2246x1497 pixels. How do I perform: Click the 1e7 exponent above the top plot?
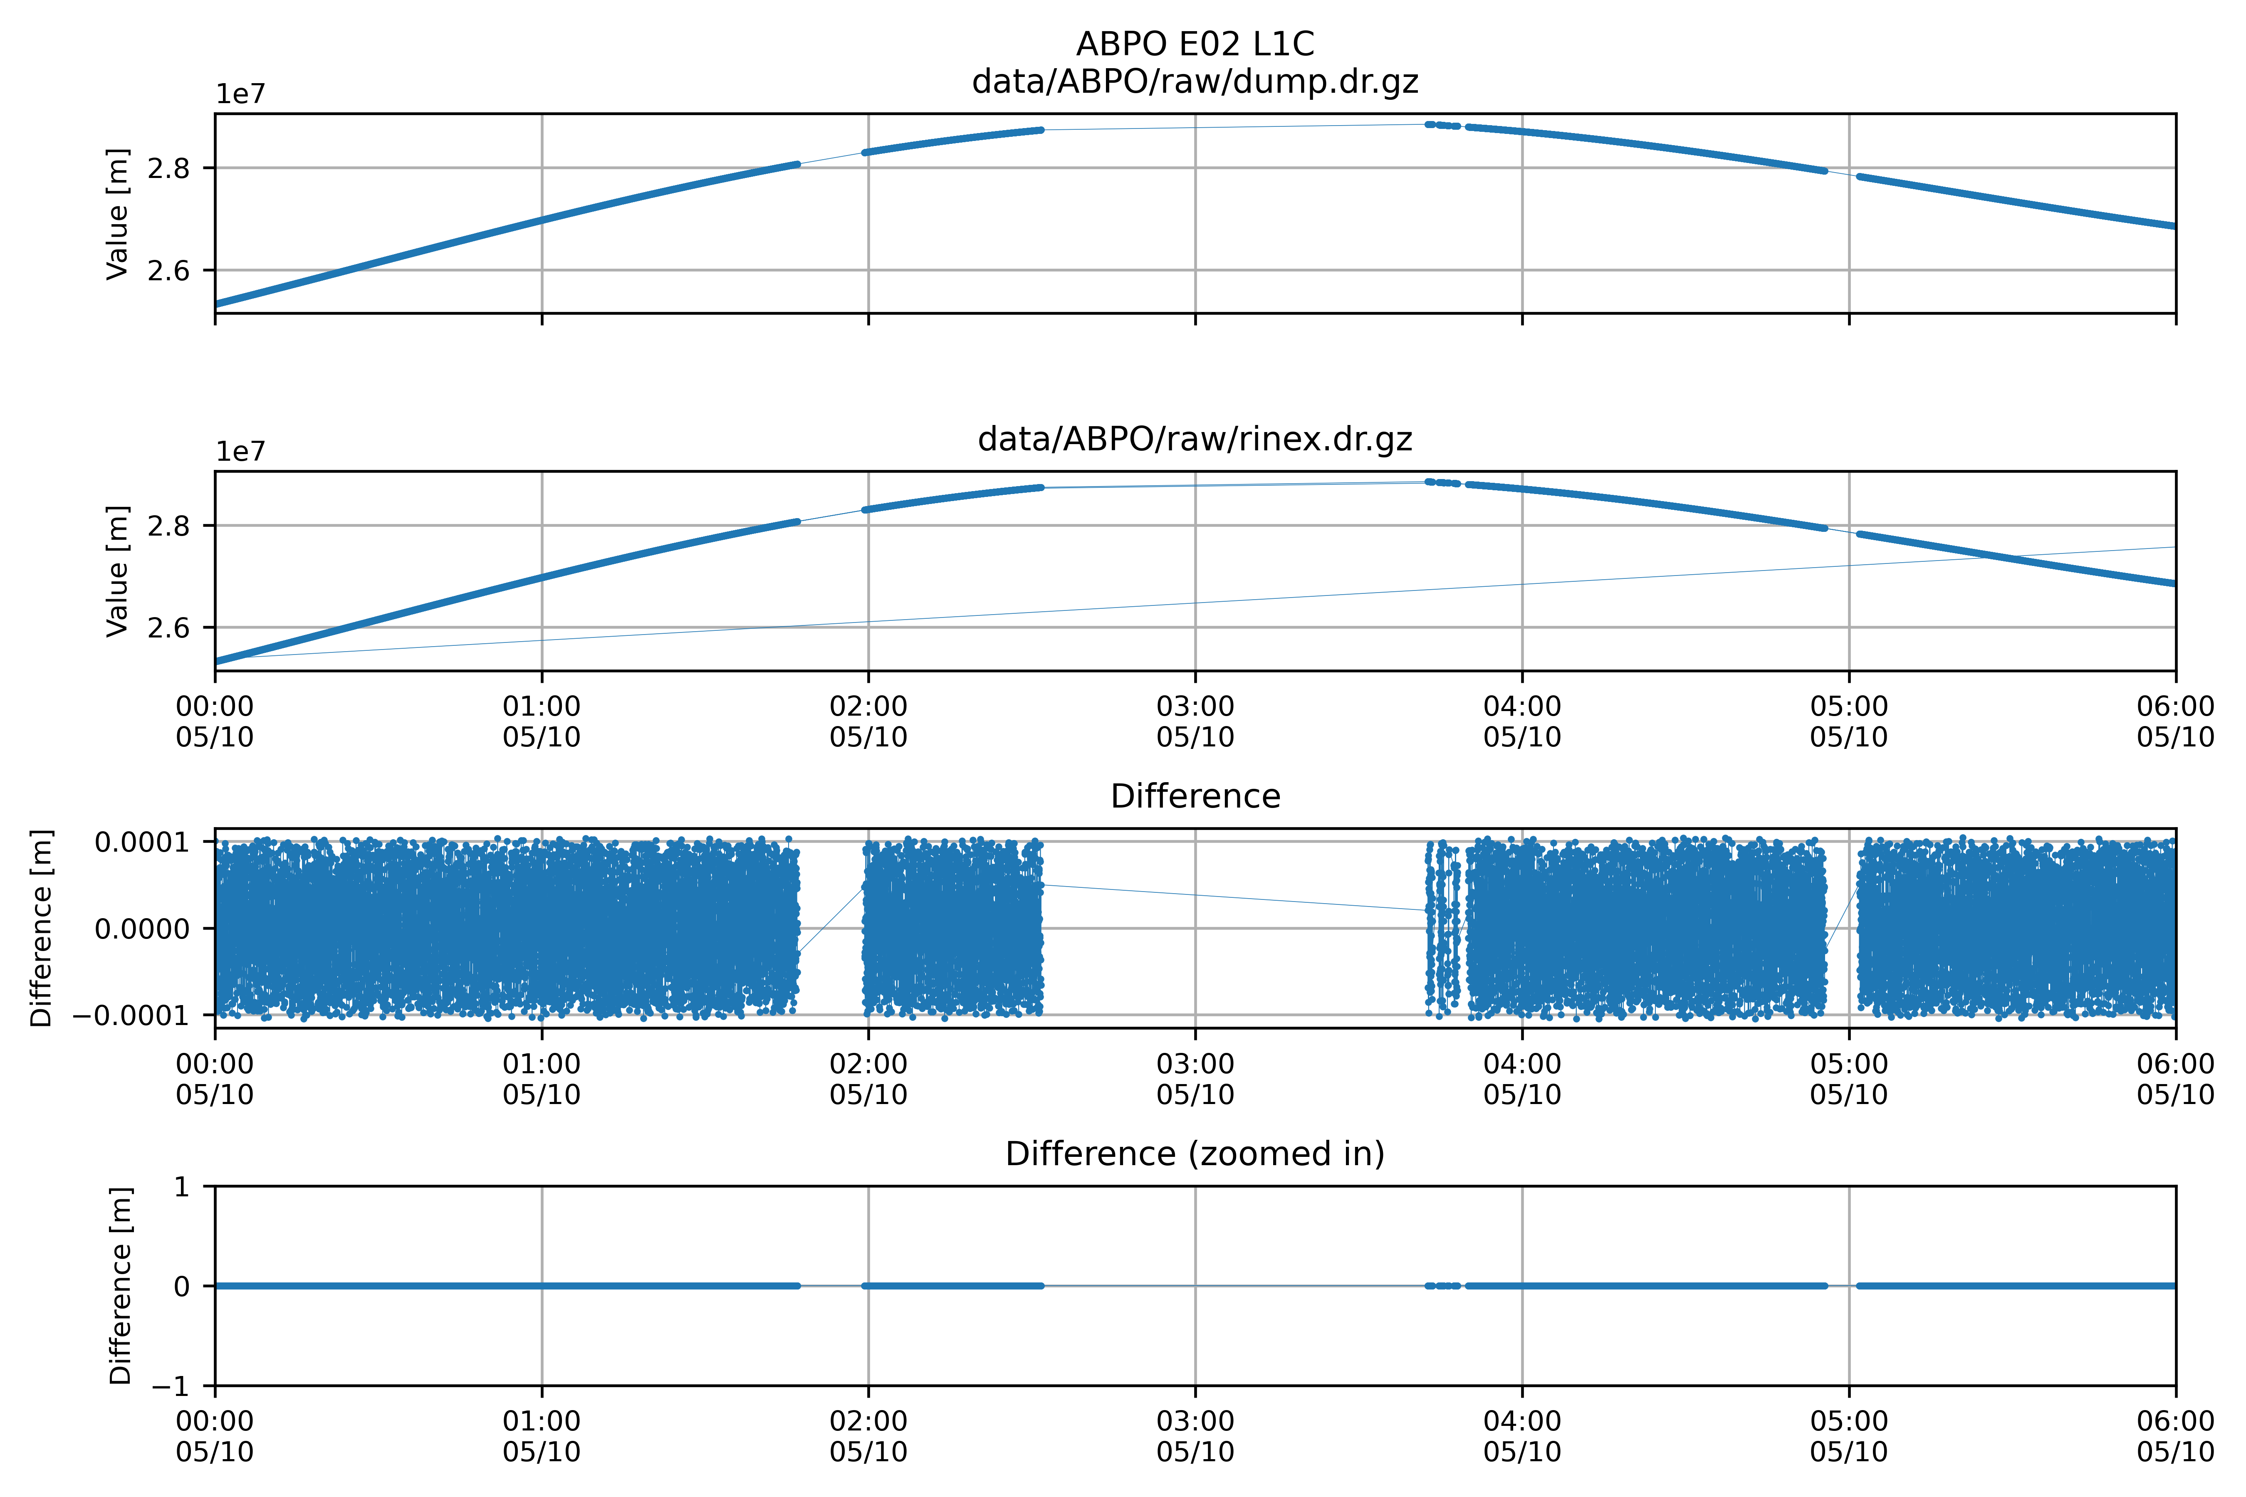coord(240,94)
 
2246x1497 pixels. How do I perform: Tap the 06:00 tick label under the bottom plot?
coord(2175,1437)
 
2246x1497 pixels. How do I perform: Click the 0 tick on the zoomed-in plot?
coord(181,1287)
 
